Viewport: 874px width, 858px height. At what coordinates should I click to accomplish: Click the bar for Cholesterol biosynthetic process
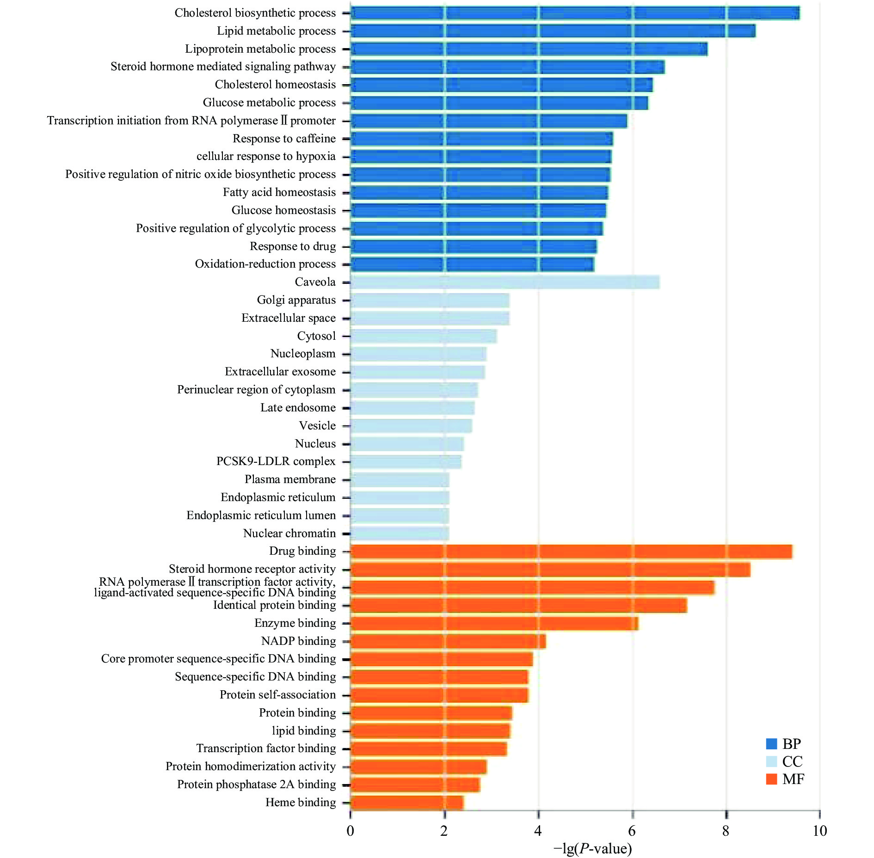[575, 13]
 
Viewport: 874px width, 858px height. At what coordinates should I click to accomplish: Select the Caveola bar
[505, 282]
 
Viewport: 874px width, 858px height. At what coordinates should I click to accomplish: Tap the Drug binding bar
[571, 552]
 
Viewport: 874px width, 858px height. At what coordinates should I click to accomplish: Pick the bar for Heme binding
[407, 803]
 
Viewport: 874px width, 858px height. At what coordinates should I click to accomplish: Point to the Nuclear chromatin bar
[400, 533]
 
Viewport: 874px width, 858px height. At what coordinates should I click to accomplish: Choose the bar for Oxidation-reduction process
[472, 264]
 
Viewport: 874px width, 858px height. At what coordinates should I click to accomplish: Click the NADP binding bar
[448, 641]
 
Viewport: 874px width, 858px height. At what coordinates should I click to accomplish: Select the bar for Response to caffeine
[481, 139]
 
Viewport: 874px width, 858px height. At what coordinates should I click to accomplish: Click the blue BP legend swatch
[771, 744]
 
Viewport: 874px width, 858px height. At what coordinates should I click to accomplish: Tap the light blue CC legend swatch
[771, 761]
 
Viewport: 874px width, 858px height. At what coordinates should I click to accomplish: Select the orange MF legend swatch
[771, 779]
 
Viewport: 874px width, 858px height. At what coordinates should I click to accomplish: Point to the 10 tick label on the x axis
[819, 831]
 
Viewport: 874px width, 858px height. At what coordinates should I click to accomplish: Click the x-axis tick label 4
[538, 831]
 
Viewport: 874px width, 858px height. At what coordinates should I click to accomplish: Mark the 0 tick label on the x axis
[351, 831]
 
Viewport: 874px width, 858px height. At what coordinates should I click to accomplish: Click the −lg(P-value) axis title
[593, 848]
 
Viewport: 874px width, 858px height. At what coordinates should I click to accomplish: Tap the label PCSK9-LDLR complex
[276, 461]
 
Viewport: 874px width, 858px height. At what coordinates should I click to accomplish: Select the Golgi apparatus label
[296, 300]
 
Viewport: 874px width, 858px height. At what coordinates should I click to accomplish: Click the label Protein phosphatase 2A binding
[256, 784]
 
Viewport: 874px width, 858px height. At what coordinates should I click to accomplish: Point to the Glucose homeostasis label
[283, 210]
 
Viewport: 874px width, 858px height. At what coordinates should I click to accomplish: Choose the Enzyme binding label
[295, 623]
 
